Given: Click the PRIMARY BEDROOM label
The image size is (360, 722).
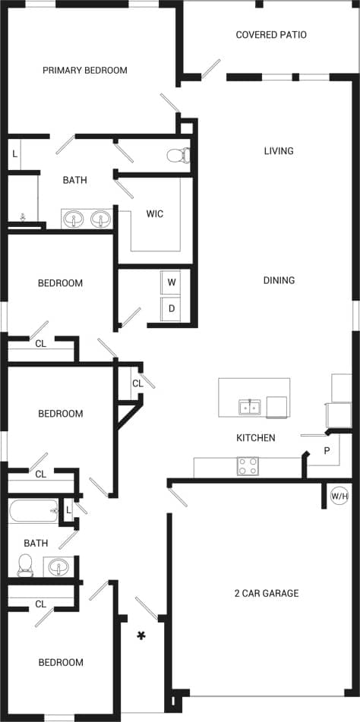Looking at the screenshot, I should (x=84, y=71).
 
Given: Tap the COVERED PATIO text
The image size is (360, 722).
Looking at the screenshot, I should (x=271, y=35).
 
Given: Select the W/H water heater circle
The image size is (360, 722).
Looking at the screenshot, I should (x=339, y=497).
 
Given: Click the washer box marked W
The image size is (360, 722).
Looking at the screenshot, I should (x=172, y=282).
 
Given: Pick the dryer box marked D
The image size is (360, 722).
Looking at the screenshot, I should (x=172, y=308).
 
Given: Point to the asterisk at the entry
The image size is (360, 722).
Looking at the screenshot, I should (x=141, y=635).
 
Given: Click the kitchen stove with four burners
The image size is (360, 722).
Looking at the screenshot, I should (x=248, y=466).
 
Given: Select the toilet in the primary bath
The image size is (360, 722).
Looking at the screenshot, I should (x=178, y=156).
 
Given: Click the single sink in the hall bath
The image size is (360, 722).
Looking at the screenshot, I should (x=58, y=566).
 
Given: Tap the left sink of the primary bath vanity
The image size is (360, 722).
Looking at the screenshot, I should (x=74, y=219).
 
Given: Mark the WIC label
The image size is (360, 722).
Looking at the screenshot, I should (x=155, y=214).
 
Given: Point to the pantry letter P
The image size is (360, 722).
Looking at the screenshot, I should (x=327, y=450).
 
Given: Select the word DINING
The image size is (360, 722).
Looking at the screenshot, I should (x=279, y=280).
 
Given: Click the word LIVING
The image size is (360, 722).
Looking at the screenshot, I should (x=279, y=151).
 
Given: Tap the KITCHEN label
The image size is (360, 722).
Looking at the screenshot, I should (x=255, y=438).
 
